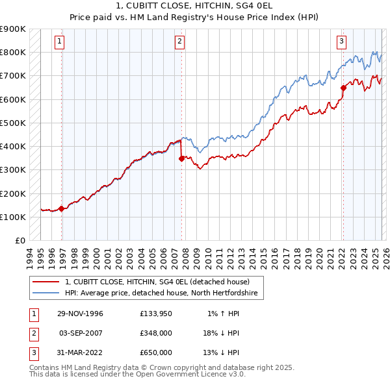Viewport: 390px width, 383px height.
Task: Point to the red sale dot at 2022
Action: coord(343,88)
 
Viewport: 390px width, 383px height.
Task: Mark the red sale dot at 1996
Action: coord(62,208)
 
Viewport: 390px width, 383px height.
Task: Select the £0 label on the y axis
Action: coord(19,240)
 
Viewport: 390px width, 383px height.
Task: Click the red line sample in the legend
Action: coord(45,282)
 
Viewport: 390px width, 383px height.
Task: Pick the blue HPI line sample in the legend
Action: coord(45,293)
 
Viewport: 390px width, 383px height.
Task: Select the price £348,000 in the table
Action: coord(156,333)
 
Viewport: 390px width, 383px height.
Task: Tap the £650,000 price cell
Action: coord(156,352)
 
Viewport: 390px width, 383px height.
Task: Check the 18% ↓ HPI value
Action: coord(221,333)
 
